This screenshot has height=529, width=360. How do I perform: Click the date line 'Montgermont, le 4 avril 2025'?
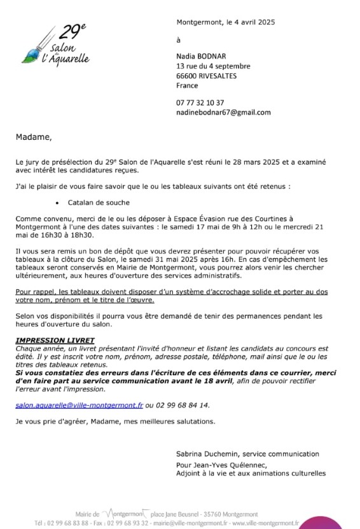(x=225, y=22)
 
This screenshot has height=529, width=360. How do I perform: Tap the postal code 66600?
(x=187, y=75)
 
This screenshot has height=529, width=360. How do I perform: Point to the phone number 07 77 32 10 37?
(x=200, y=102)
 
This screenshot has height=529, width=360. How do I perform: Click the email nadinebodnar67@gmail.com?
(x=223, y=112)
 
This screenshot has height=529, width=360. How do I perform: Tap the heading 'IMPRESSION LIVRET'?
(x=55, y=341)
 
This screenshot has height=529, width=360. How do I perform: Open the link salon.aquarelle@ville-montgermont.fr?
(x=79, y=404)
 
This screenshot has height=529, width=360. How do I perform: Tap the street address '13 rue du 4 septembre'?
(x=213, y=65)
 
